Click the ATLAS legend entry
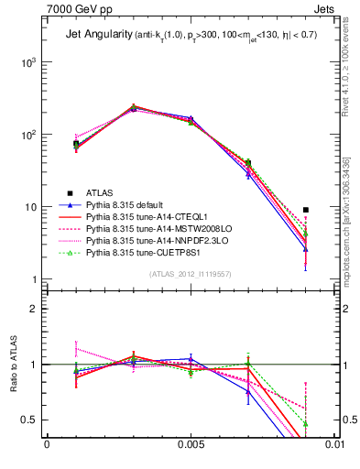tap(101, 192)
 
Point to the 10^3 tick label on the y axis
tap(27, 62)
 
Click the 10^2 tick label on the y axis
tap(27, 135)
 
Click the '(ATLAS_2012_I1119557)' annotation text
tap(191, 275)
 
